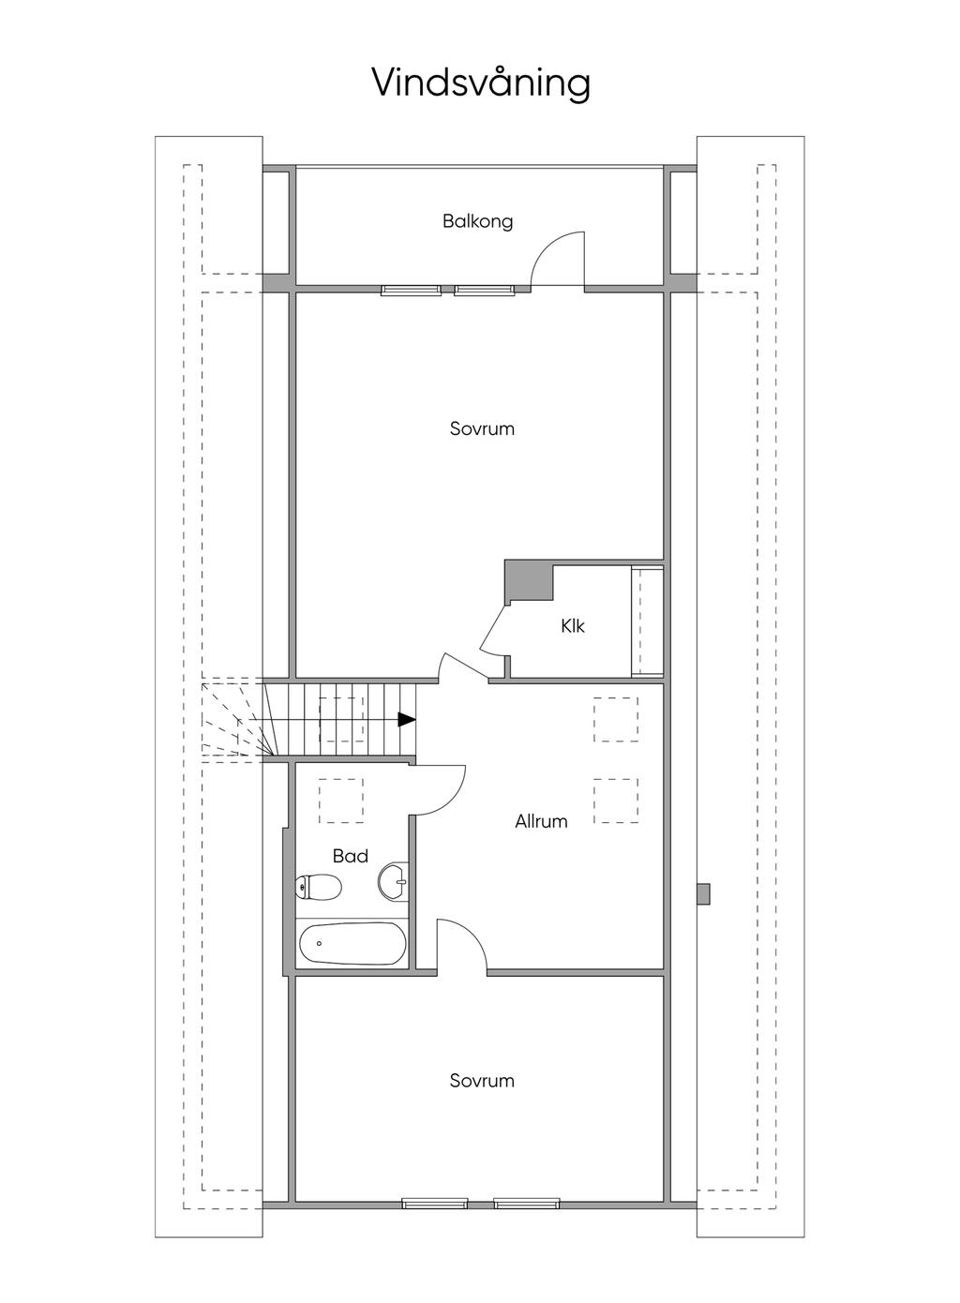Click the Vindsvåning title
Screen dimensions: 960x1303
click(481, 82)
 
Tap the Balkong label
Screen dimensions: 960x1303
click(478, 221)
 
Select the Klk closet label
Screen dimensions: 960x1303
click(573, 626)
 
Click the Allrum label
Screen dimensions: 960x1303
click(541, 821)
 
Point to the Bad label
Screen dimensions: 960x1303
click(351, 856)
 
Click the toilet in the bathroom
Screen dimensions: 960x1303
click(318, 888)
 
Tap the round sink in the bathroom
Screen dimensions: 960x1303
click(393, 881)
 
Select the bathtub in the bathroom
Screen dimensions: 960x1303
click(352, 944)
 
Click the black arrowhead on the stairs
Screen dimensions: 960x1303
click(407, 720)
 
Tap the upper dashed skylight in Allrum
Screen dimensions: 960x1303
click(616, 720)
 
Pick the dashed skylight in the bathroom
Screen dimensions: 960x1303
click(341, 801)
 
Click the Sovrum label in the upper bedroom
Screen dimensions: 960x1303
click(482, 429)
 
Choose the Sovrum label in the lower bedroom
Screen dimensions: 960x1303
click(482, 1081)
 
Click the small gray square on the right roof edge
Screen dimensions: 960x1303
click(703, 894)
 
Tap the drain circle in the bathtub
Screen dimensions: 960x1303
click(319, 944)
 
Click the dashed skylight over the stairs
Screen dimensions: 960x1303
click(341, 720)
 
